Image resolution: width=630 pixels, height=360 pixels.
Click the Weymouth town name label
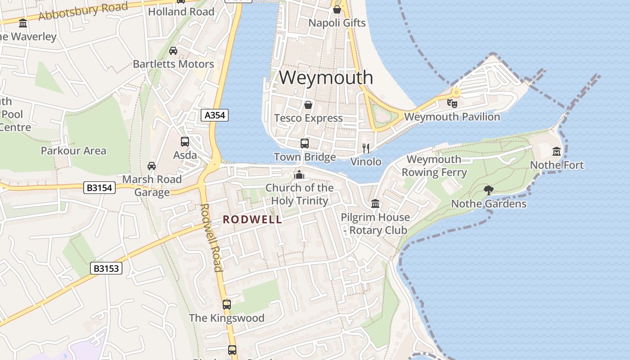tap(326, 77)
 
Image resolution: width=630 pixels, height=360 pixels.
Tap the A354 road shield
tap(215, 116)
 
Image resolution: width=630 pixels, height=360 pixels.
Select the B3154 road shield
tap(99, 188)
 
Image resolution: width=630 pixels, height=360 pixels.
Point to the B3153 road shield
tap(106, 269)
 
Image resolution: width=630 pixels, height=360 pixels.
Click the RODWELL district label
tap(252, 220)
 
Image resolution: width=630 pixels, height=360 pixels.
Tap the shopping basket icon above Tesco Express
tap(308, 105)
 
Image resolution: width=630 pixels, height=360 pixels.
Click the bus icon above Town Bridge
tap(305, 144)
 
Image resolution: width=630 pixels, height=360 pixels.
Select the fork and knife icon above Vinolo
tap(366, 148)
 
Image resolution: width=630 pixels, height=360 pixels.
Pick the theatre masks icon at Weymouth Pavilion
tap(452, 103)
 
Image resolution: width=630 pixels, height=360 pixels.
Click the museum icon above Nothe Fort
tap(557, 152)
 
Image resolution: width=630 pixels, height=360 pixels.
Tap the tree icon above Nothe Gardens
tap(488, 190)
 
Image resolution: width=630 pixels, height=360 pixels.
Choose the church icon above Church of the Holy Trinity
tap(299, 175)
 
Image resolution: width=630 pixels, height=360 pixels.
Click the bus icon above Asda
tap(184, 142)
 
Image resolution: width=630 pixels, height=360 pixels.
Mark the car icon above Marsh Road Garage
tap(152, 166)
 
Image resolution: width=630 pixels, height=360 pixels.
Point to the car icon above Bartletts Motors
tap(173, 51)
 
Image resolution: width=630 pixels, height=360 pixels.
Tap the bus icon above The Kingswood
tap(227, 305)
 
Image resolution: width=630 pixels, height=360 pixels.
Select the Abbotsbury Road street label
tap(83, 11)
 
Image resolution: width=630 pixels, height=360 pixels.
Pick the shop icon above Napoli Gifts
tap(337, 9)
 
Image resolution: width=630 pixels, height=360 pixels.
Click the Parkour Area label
tap(73, 151)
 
